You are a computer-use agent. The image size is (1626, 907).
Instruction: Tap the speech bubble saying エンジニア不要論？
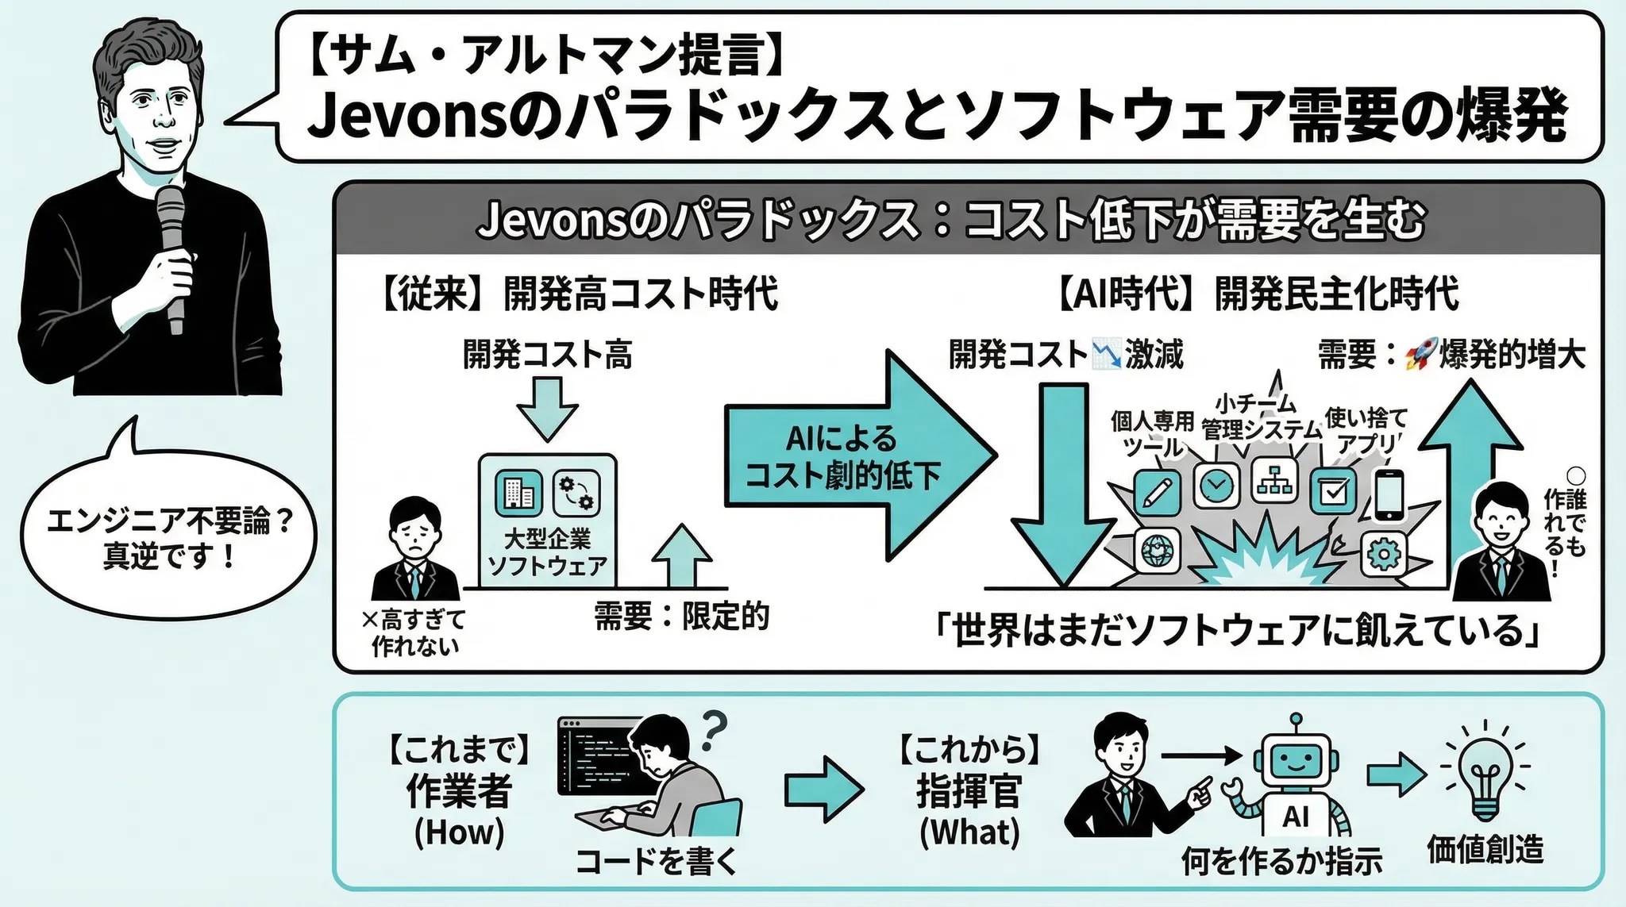[x=168, y=536]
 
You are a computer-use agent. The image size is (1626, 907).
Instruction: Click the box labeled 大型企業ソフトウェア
[x=547, y=520]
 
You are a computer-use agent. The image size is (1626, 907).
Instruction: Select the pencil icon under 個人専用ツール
[x=1156, y=493]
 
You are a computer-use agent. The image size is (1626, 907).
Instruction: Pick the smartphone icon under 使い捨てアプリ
[x=1389, y=496]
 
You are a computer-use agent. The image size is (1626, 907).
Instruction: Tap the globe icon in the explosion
[x=1157, y=549]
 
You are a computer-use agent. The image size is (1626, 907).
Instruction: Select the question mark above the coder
[x=714, y=729]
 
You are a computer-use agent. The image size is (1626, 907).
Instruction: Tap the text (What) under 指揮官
[x=969, y=832]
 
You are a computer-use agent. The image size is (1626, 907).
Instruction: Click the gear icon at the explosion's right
[x=1383, y=553]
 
